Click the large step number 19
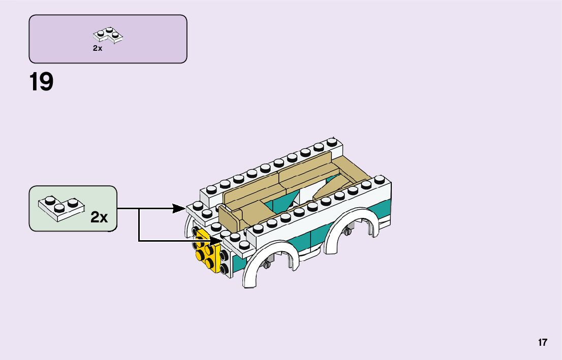pos(41,82)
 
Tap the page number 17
pos(543,342)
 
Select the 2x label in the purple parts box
pos(98,48)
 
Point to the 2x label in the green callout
pos(99,217)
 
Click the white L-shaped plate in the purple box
pos(108,35)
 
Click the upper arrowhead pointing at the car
pos(179,208)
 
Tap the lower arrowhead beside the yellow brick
pos(217,241)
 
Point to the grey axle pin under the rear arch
pos(348,232)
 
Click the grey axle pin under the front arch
pos(266,264)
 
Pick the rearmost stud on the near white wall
pos(379,179)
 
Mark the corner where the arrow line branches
pos(139,208)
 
